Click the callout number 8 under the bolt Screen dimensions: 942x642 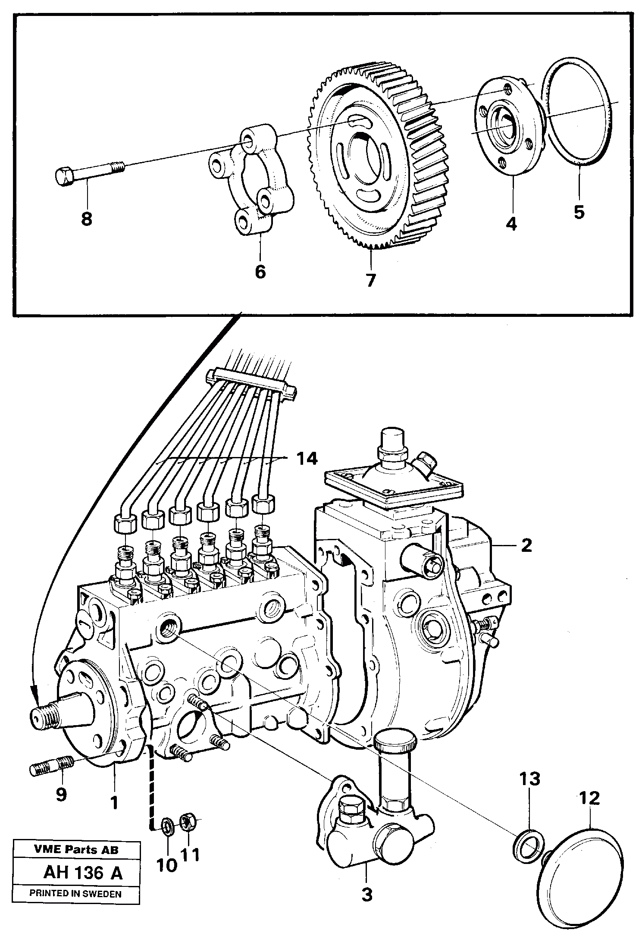[86, 219]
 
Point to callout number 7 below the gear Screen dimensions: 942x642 [370, 280]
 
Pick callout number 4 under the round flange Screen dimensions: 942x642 [511, 224]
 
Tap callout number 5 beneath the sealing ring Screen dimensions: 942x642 [579, 212]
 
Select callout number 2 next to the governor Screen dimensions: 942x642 [526, 545]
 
